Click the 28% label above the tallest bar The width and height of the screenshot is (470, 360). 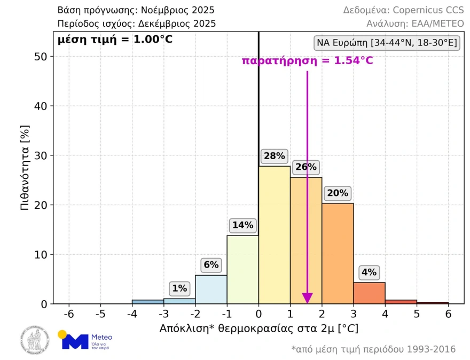point(274,156)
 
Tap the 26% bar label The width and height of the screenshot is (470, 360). point(306,167)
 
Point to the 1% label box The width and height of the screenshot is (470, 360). point(179,288)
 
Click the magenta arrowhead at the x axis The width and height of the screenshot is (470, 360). point(307,298)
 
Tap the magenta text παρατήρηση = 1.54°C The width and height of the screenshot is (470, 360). point(307,60)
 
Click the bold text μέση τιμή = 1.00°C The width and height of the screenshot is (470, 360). point(115,39)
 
